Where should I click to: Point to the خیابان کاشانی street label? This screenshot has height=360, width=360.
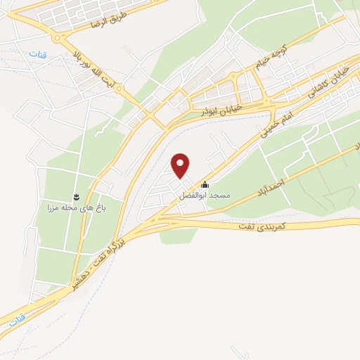pyautogui.click(x=327, y=79)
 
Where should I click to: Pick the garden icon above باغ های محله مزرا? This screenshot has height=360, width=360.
pyautogui.click(x=76, y=195)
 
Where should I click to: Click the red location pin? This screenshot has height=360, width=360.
pyautogui.click(x=181, y=166)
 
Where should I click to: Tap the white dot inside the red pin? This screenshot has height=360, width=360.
pyautogui.click(x=181, y=162)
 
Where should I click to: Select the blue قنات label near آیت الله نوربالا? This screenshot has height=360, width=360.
pyautogui.click(x=35, y=55)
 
